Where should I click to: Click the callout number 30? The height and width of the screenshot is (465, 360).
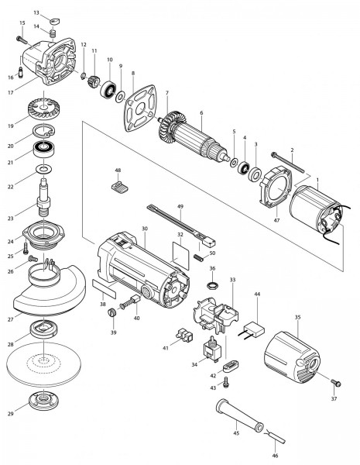(144, 229)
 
